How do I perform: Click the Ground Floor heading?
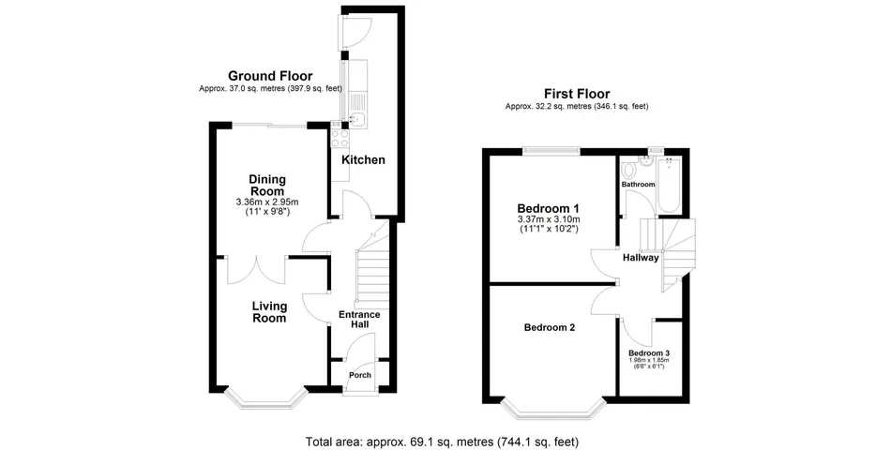(x=270, y=76)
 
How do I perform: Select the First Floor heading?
(x=577, y=94)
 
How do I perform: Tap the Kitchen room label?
(x=363, y=160)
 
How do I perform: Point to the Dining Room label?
(x=267, y=185)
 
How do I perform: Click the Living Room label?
(x=268, y=312)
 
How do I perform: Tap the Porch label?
(x=360, y=375)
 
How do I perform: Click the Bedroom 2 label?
(x=549, y=327)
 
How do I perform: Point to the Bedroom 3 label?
(x=649, y=352)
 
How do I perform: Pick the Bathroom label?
(x=639, y=185)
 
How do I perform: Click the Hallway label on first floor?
(x=641, y=258)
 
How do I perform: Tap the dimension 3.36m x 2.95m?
(x=267, y=202)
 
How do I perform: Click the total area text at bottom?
(x=442, y=441)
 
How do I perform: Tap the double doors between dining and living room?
(x=254, y=267)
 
